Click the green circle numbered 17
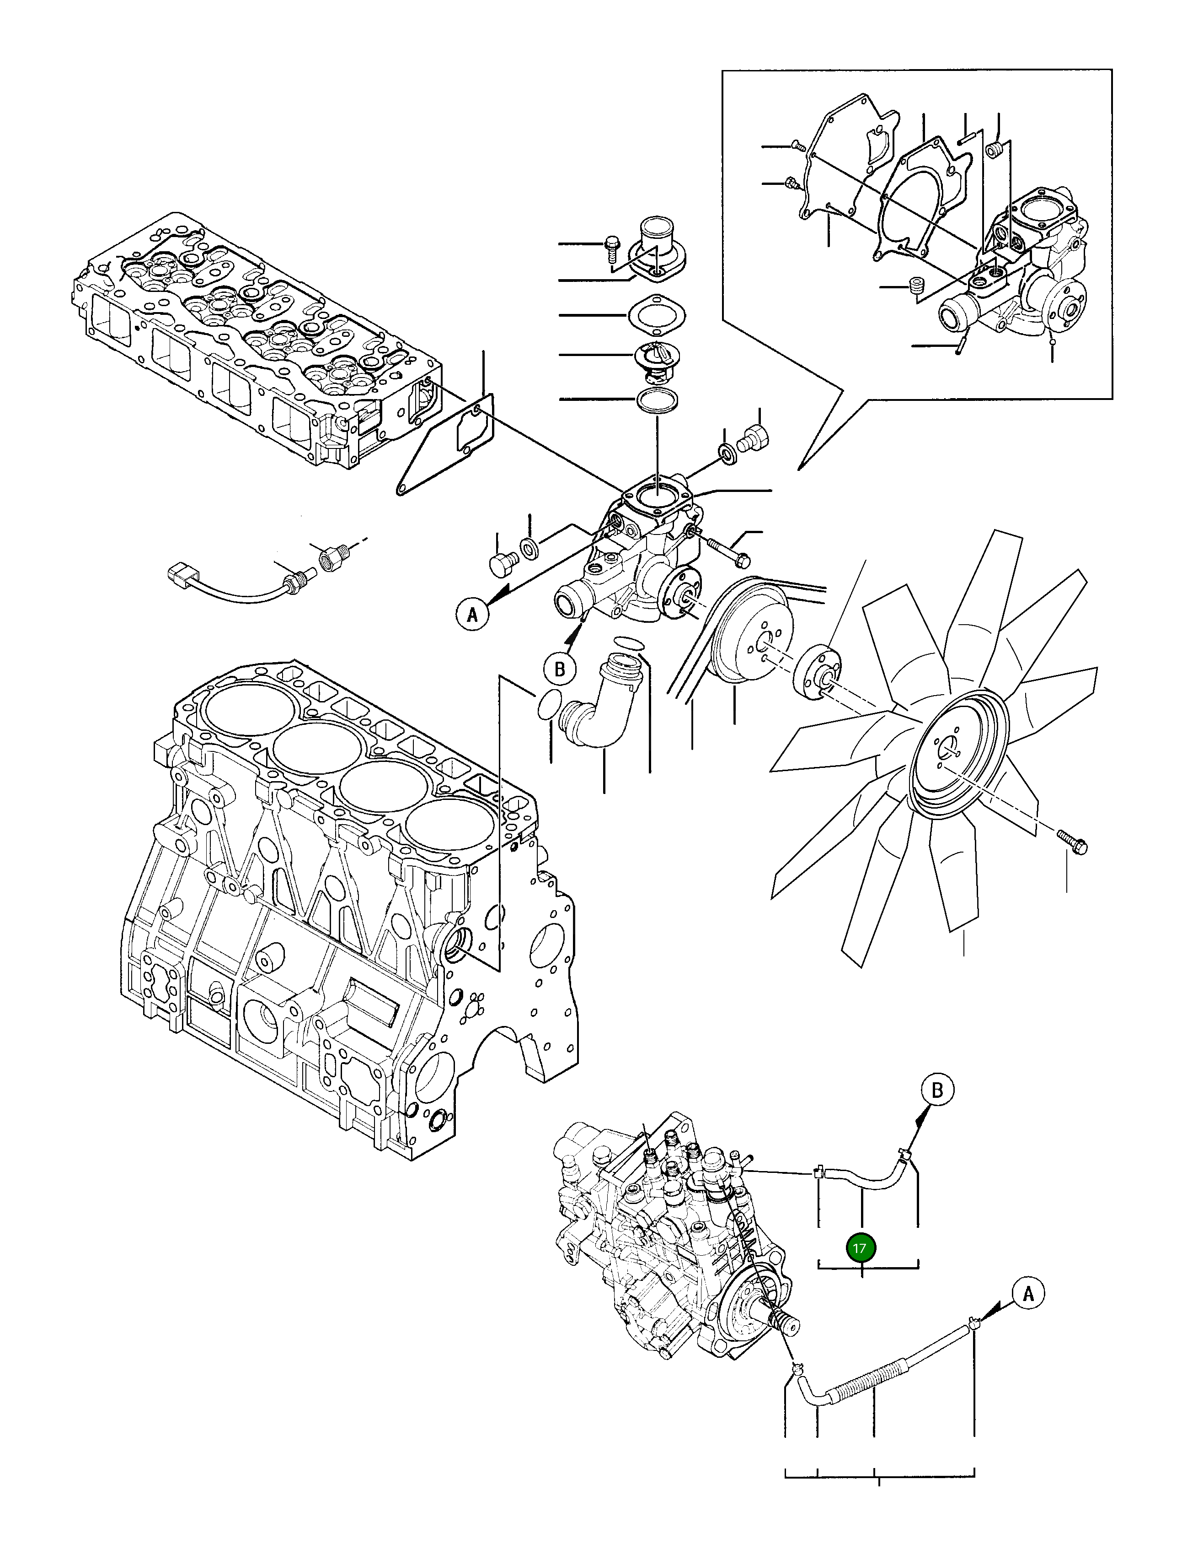pyautogui.click(x=861, y=1268)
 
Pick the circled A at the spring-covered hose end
pyautogui.click(x=1028, y=1293)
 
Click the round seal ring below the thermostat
pyautogui.click(x=657, y=400)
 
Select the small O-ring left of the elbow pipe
pyautogui.click(x=549, y=705)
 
